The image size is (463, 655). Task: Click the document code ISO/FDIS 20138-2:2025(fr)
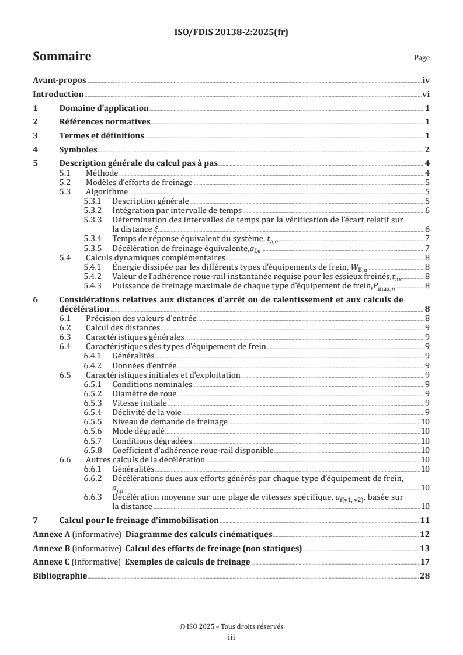(231, 33)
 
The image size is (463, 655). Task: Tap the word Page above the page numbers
(422, 58)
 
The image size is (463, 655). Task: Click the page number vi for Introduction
(426, 95)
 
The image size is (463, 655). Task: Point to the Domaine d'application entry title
(104, 108)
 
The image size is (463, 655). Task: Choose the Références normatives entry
(105, 122)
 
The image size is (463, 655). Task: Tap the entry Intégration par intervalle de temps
(177, 210)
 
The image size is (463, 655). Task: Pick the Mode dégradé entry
(138, 431)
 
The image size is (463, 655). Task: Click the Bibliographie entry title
(60, 576)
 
